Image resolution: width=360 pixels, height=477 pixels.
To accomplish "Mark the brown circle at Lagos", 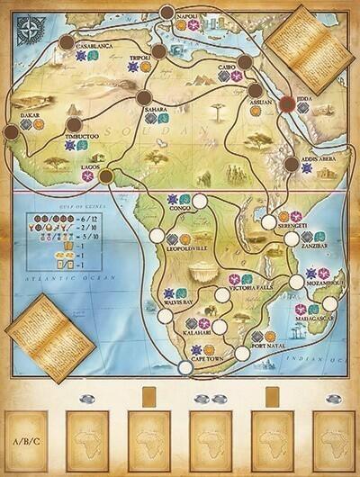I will point(105,175).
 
